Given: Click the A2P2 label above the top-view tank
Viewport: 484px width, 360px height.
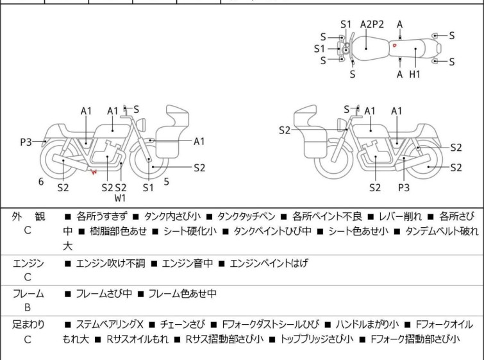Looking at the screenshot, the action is [372, 24].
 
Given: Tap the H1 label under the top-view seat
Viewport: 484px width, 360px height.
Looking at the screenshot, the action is [415, 74].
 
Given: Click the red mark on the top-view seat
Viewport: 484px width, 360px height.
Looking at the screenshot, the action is [394, 46].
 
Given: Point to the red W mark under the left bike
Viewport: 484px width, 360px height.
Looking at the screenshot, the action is [94, 171].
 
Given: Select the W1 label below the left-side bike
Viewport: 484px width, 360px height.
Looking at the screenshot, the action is [120, 198].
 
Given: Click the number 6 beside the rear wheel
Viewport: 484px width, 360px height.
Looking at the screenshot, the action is [41, 182].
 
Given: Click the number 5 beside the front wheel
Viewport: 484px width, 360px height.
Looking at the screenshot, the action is [167, 182].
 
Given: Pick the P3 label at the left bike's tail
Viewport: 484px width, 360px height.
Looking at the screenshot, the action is [26, 142].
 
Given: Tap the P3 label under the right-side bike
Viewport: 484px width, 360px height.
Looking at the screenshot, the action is [403, 187].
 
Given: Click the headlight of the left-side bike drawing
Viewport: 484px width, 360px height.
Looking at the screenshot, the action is [141, 124].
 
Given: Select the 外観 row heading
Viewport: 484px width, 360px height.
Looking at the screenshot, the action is [28, 217].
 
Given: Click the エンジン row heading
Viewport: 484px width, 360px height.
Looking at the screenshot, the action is [28, 263].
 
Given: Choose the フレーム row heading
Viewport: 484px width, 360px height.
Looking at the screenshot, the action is [28, 293].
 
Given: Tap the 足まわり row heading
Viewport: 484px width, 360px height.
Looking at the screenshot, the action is [28, 325].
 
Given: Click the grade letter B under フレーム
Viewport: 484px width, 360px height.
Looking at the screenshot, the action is [28, 307].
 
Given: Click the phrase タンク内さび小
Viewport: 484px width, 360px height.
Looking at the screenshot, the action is [172, 216].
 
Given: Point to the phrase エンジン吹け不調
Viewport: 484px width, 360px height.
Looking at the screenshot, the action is [110, 263].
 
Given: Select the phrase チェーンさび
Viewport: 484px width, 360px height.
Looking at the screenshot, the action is [183, 325].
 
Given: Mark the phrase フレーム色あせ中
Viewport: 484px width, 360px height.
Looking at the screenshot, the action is [183, 293].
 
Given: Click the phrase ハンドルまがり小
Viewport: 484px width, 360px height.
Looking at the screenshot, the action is [367, 325].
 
